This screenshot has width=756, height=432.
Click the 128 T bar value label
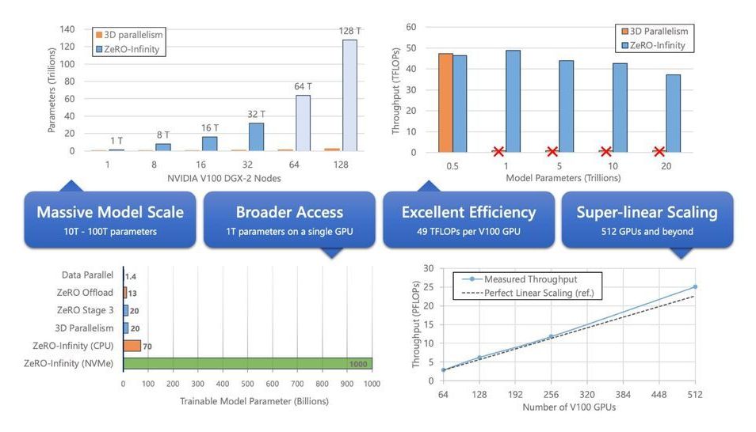(349, 31)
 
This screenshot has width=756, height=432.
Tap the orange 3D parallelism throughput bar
(445, 102)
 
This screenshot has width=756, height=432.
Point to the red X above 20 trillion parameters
(659, 151)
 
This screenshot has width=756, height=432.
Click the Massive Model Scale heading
(110, 212)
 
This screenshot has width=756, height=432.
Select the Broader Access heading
(289, 212)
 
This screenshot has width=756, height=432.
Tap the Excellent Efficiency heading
(468, 212)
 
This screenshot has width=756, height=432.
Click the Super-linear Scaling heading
(647, 212)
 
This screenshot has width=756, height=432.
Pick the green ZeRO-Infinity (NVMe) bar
(247, 363)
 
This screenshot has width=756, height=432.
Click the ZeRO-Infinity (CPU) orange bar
(132, 346)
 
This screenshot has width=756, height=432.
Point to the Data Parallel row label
(87, 275)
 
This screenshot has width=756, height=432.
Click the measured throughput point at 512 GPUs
(695, 286)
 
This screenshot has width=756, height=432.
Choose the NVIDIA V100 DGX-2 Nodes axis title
(224, 178)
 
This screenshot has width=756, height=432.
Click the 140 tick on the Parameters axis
(67, 29)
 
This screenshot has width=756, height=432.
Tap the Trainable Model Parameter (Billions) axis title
(247, 401)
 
